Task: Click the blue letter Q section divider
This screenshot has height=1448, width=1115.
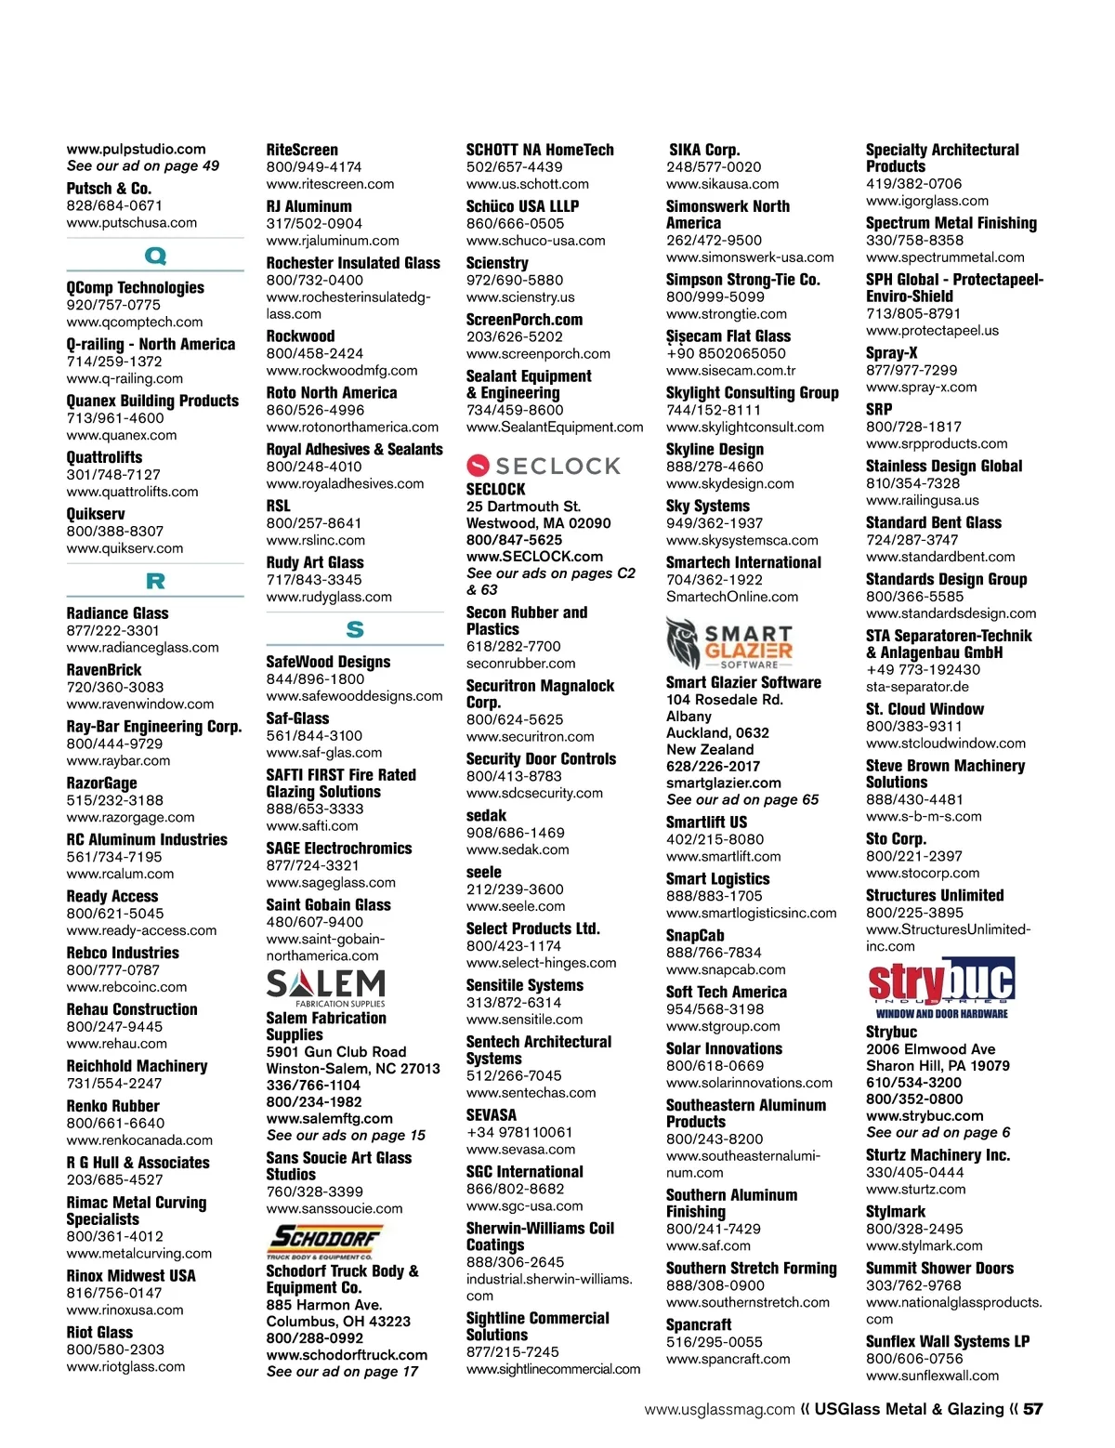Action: tap(155, 256)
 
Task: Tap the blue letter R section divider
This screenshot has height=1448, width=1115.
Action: tap(155, 582)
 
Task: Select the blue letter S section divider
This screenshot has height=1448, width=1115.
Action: tap(355, 629)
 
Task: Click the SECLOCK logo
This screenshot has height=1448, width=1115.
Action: tap(544, 465)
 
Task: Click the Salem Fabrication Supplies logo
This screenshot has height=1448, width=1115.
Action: tap(326, 988)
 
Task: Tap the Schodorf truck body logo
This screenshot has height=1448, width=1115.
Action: tap(325, 1241)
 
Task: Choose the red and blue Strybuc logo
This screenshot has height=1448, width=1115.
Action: tap(941, 988)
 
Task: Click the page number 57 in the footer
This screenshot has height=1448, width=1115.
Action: tap(1033, 1409)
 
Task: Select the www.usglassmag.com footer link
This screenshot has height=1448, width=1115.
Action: tap(720, 1409)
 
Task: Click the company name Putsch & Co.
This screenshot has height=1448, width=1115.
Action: tap(109, 188)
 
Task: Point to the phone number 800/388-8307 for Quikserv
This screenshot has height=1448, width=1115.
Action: tap(115, 531)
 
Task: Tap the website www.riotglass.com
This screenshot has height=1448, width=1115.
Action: tap(125, 1366)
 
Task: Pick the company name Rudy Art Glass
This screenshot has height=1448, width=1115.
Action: tap(315, 562)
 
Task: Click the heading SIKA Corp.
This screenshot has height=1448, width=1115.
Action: tap(704, 150)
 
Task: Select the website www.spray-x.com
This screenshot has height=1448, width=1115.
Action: tap(921, 387)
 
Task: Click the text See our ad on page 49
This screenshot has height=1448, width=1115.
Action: tap(143, 165)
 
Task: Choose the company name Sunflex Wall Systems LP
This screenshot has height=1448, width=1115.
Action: tap(948, 1341)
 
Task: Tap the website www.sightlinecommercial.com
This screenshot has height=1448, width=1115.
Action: tap(553, 1369)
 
